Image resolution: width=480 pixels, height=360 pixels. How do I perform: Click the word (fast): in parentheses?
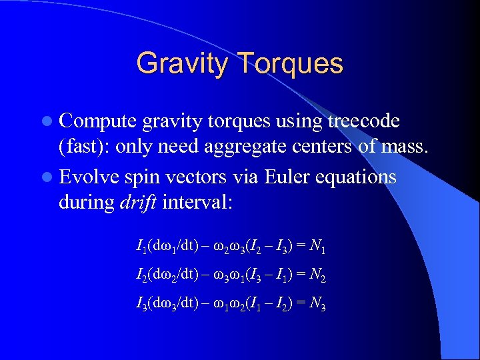click(85, 147)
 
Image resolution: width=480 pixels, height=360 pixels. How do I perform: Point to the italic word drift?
click(137, 202)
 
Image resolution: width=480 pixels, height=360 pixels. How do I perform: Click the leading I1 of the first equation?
click(140, 248)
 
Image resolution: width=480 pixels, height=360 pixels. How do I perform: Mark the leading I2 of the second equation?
click(140, 275)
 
